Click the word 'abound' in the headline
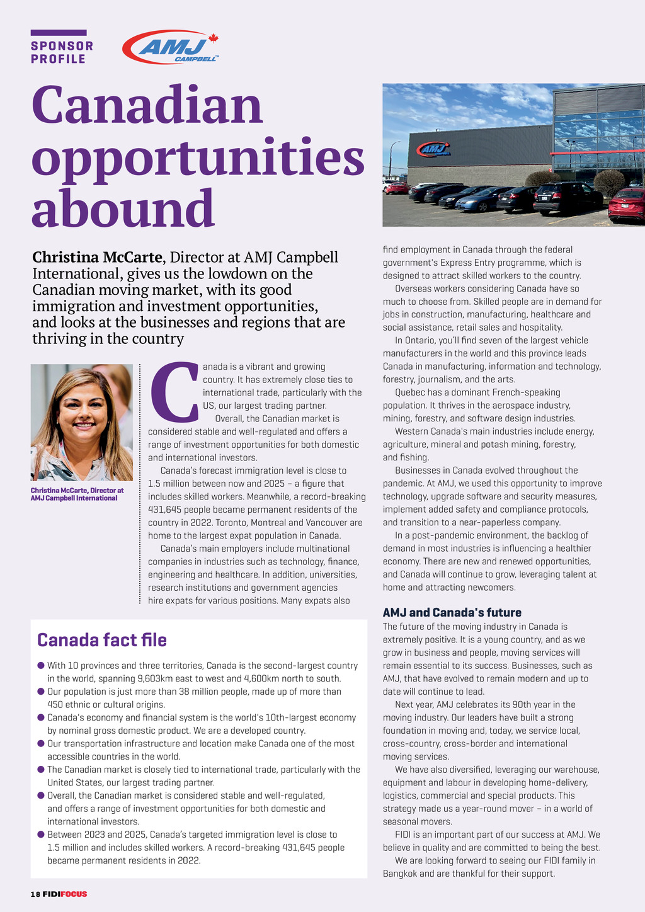tap(123, 207)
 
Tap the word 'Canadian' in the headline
tap(147, 105)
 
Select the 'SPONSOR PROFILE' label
tap(62, 52)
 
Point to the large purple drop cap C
tap(174, 391)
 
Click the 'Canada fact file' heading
tap(102, 640)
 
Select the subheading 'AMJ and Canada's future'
tap(452, 612)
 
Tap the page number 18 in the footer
tap(35, 894)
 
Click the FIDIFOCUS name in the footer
tap(65, 894)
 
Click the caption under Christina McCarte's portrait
tap(77, 494)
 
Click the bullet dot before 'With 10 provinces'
tap(41, 665)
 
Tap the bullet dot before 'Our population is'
tap(41, 691)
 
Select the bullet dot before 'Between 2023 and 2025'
tap(41, 834)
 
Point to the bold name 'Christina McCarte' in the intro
tap(98, 257)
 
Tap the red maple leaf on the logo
tap(213, 38)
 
